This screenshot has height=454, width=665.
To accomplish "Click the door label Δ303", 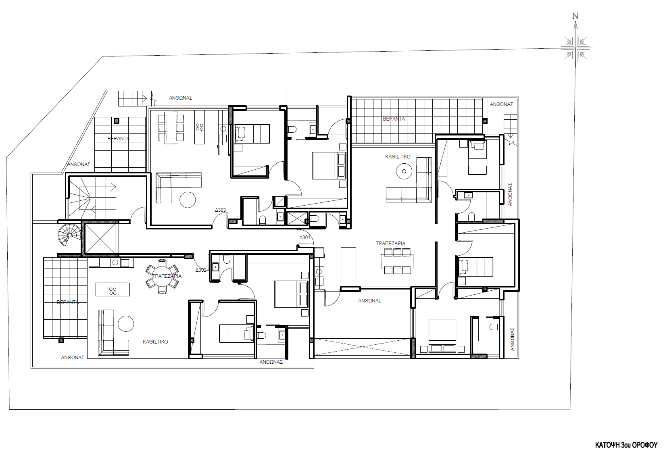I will click(220, 210).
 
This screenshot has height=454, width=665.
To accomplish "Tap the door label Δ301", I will click(304, 237).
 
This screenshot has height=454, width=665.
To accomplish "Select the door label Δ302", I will click(201, 270).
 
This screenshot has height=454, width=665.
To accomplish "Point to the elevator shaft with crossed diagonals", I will click(100, 239).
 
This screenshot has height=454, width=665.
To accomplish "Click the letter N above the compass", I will click(575, 17).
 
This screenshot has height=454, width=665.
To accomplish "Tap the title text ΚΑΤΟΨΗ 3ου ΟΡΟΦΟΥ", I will click(626, 445).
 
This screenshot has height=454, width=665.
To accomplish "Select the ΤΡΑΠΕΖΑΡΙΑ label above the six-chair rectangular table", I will click(390, 243).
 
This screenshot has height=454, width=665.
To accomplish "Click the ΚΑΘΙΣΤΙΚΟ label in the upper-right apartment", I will click(398, 156).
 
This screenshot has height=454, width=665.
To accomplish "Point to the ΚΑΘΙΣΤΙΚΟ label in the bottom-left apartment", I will click(155, 342).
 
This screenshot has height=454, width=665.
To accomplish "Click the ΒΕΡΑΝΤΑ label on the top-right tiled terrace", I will click(394, 119).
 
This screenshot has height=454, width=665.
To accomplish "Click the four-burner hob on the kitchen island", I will click(113, 290).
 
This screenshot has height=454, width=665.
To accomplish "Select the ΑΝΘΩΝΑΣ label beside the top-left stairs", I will click(180, 98).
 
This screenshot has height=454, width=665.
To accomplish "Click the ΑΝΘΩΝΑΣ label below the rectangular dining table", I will click(369, 300).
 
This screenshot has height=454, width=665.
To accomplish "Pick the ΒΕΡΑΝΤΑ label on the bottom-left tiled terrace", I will click(68, 302).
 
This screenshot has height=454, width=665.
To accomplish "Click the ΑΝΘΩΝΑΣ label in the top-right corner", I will click(501, 104).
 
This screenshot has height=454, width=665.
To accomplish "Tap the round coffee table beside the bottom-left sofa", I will click(126, 323).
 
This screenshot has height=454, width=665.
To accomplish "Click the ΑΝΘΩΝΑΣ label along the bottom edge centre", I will click(271, 362).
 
